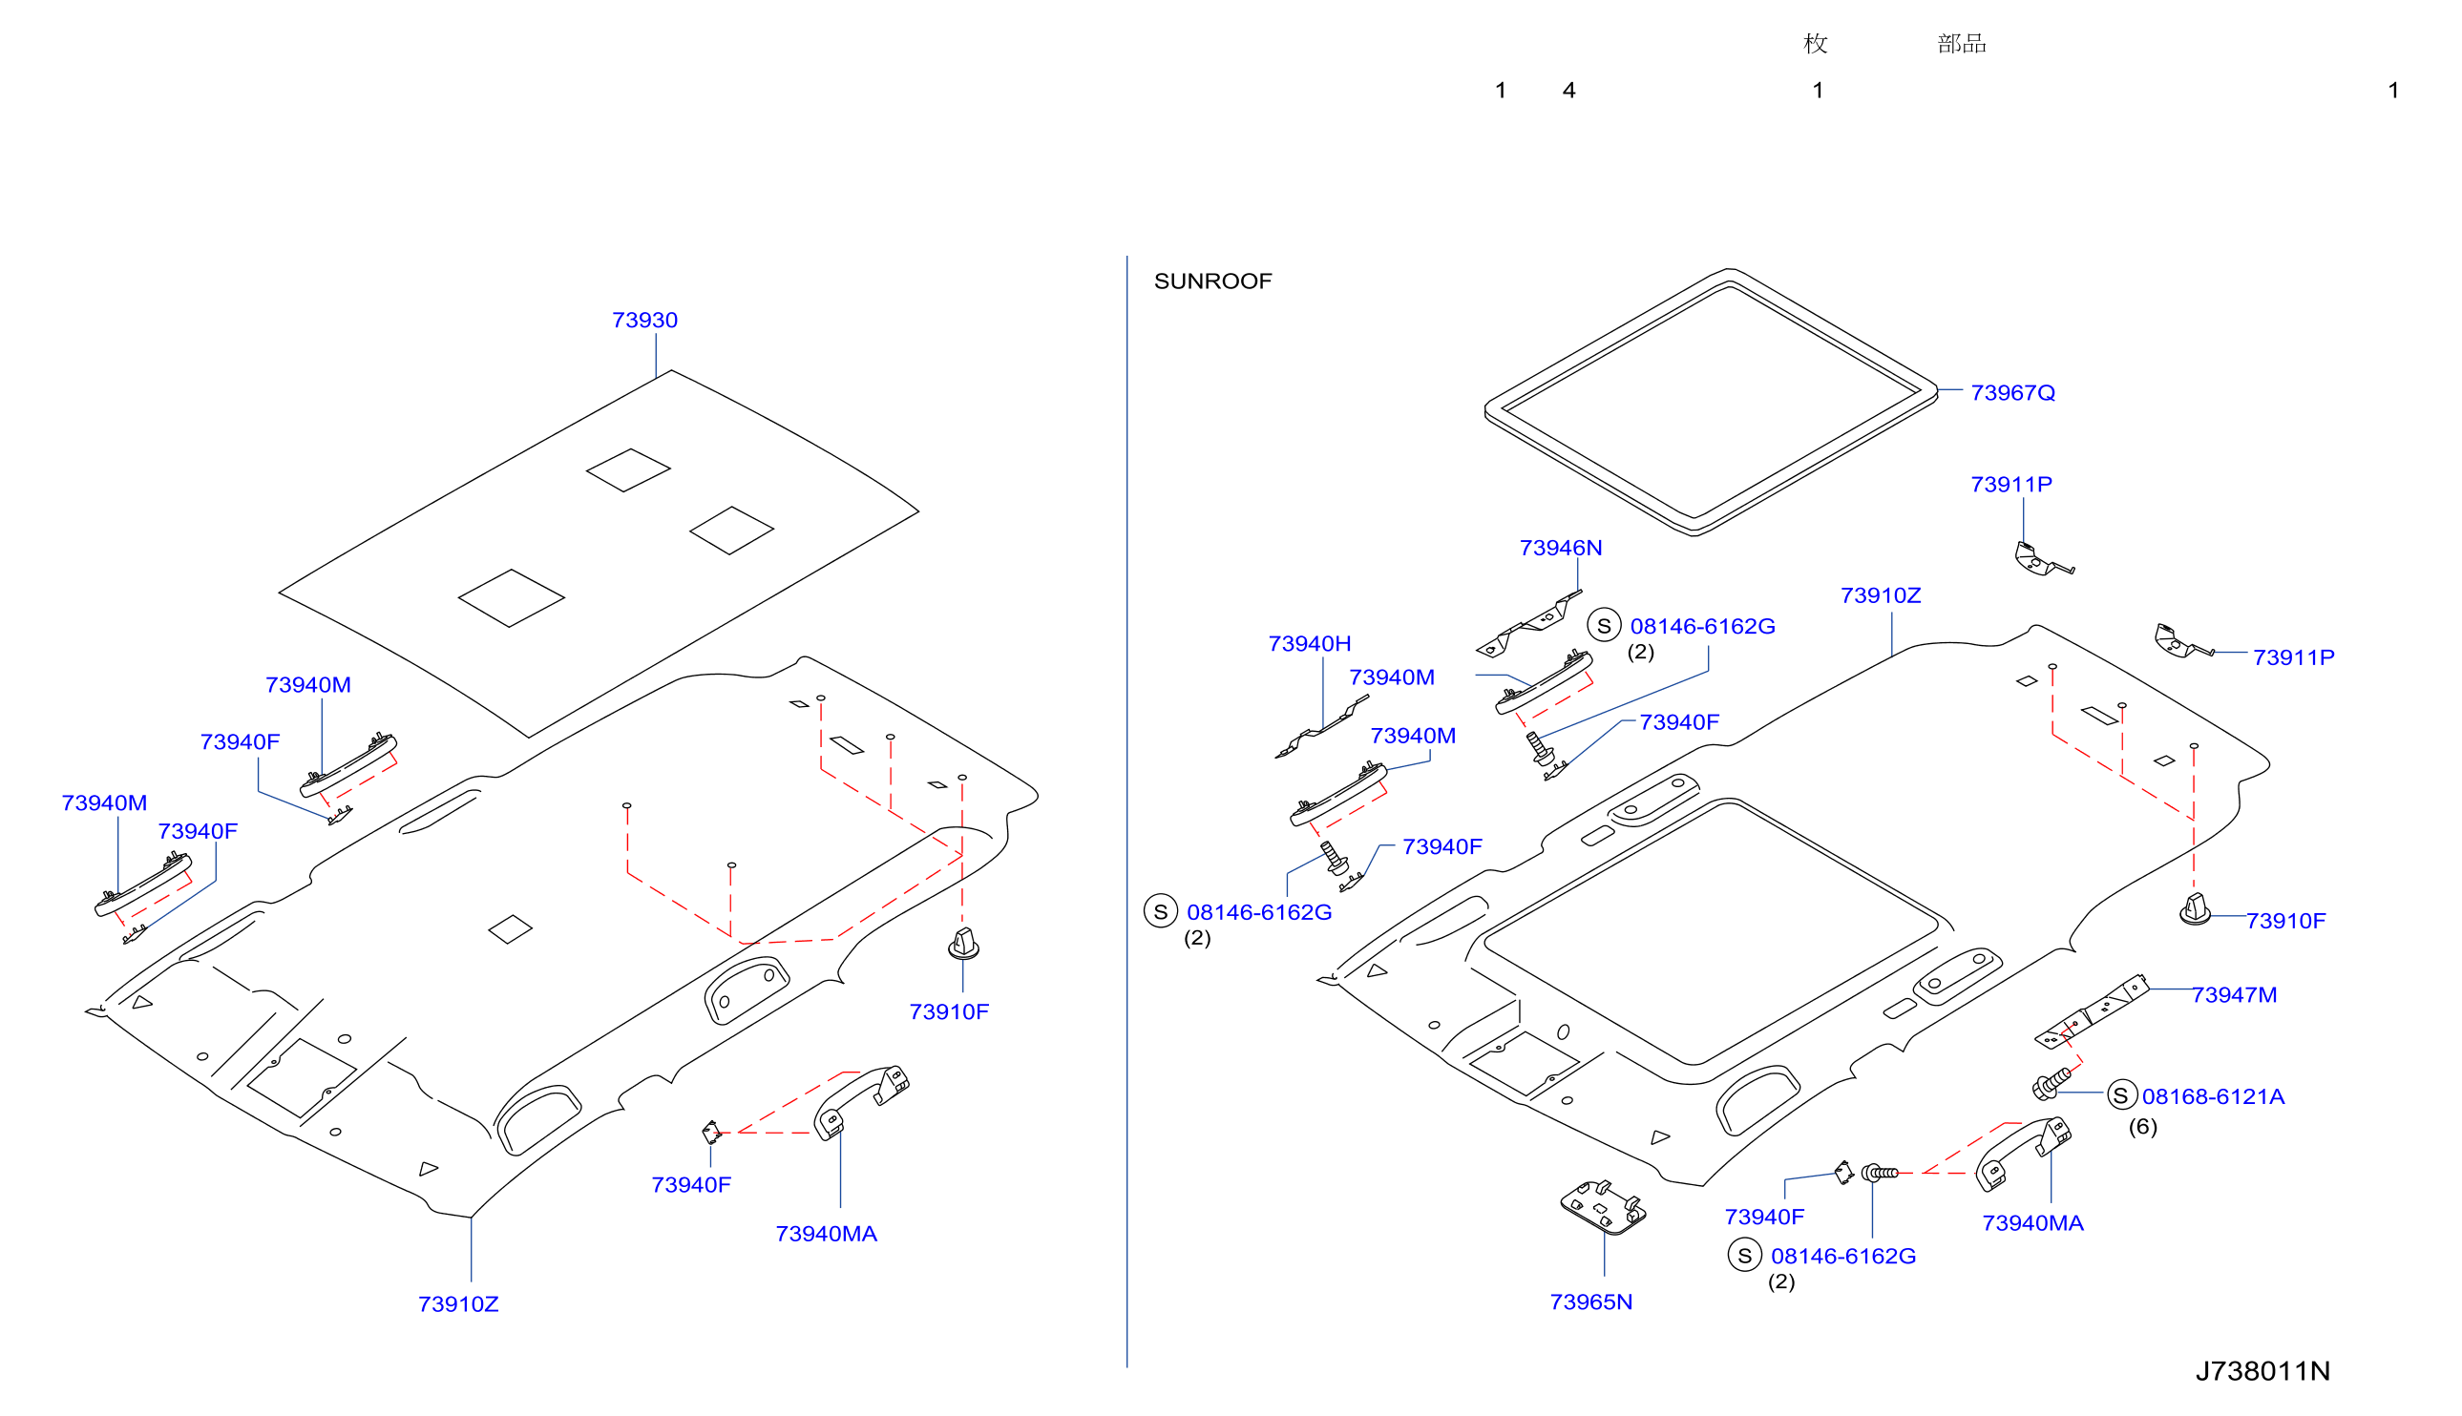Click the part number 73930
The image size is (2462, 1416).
click(x=644, y=320)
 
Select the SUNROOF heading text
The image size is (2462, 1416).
click(x=1212, y=281)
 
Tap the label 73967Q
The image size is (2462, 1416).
click(x=2011, y=393)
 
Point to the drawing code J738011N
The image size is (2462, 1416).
click(x=2262, y=1370)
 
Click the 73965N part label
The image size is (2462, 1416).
click(x=1590, y=1302)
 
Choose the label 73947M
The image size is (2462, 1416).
click(x=2234, y=995)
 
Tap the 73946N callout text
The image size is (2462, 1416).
click(x=1560, y=548)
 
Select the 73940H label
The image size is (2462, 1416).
click(x=1310, y=644)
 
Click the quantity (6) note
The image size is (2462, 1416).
click(x=2142, y=1126)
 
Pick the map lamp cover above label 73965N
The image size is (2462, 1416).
click(x=1602, y=1207)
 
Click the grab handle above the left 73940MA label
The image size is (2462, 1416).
click(x=861, y=1101)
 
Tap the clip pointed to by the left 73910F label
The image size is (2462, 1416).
click(x=963, y=944)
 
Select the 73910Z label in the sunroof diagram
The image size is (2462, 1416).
click(x=1880, y=595)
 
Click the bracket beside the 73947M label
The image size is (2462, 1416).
click(x=2091, y=1012)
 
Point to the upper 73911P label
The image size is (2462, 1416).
click(x=2010, y=485)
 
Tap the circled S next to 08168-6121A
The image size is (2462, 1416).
click(x=2121, y=1096)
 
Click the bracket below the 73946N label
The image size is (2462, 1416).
click(x=1528, y=624)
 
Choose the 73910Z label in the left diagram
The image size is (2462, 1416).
click(x=458, y=1304)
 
